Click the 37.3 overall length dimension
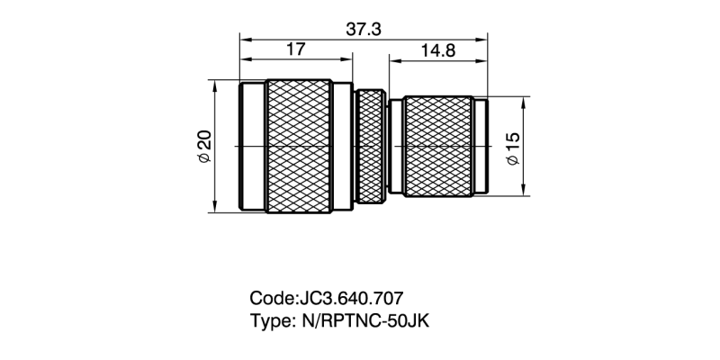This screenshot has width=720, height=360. [x=364, y=29]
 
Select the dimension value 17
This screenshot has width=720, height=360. [x=294, y=51]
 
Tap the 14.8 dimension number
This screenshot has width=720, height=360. [x=436, y=51]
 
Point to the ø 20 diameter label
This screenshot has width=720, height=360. [x=203, y=146]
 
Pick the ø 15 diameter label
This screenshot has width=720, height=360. [x=513, y=147]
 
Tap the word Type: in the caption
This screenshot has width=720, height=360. [x=270, y=319]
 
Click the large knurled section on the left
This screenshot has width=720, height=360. [x=299, y=146]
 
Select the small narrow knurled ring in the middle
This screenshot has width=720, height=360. [x=369, y=146]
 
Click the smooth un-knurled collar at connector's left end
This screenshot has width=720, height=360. [x=252, y=146]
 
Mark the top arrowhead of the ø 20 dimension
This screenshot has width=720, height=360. [x=216, y=84]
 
